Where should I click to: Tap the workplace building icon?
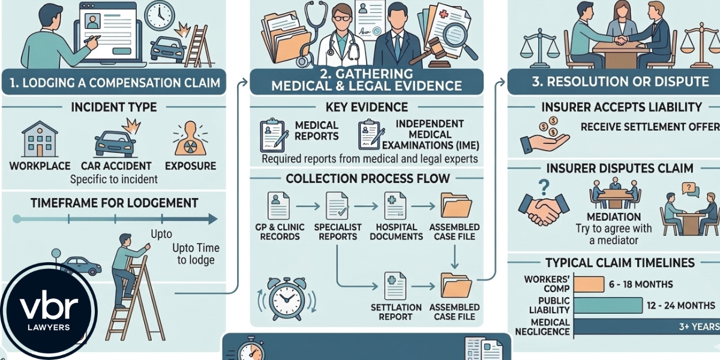41,139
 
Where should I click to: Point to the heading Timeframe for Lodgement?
113,203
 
